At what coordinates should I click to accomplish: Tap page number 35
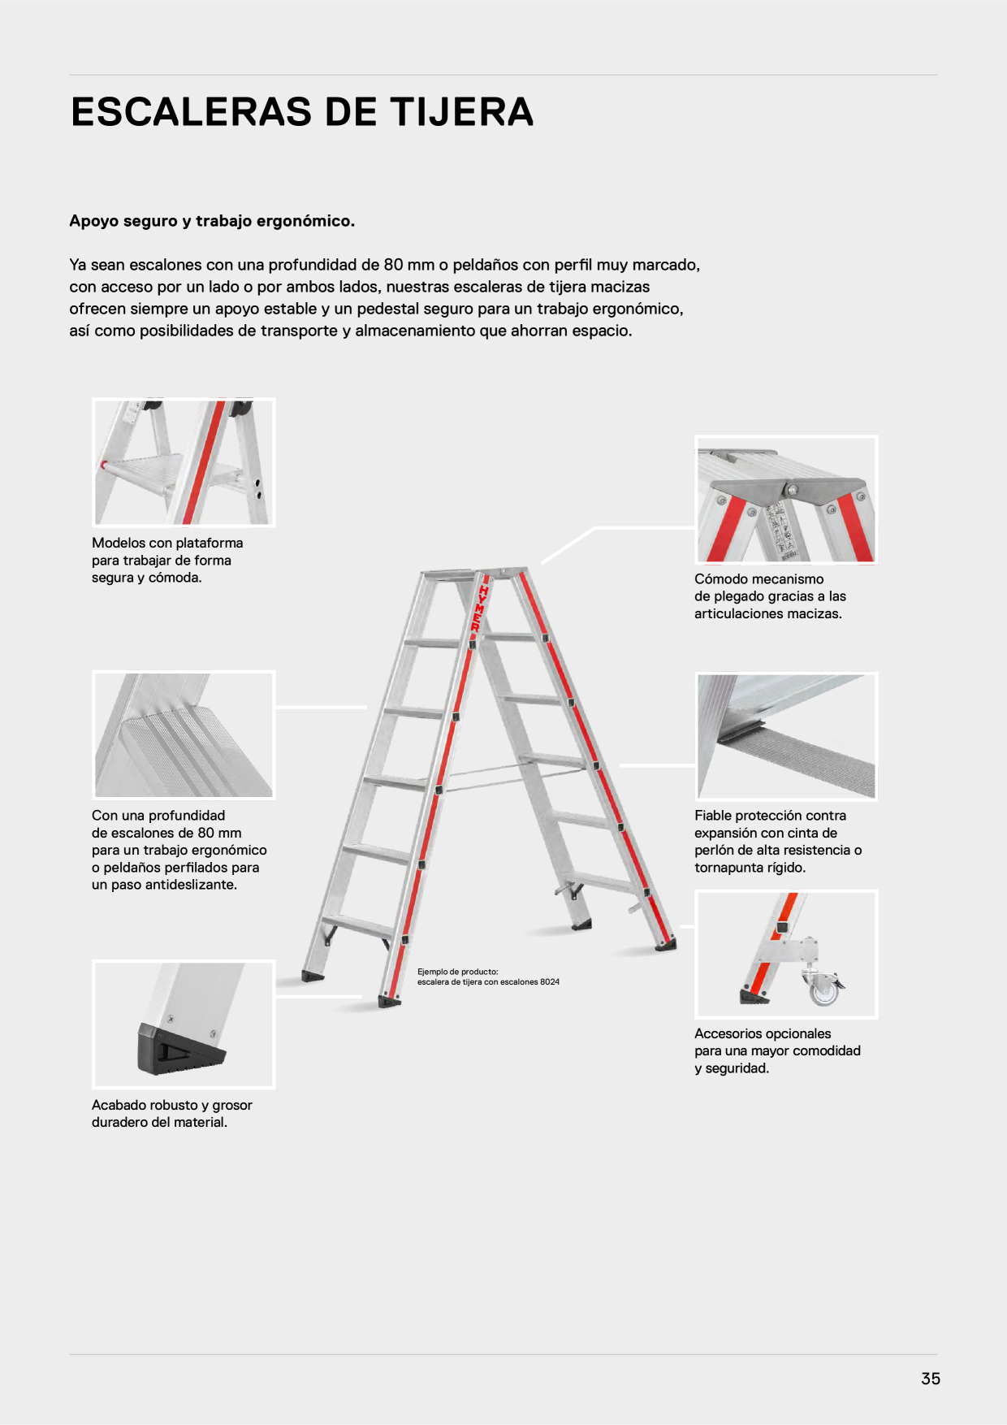931,1378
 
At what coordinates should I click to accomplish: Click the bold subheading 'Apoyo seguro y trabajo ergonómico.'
212,221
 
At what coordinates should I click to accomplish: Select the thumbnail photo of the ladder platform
184,462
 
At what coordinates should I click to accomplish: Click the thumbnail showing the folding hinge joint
786,500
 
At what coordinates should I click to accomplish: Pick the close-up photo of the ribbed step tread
184,735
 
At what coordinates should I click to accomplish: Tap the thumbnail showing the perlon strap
786,736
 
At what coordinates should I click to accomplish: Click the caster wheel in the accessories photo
823,987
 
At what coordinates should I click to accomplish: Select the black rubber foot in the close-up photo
180,1048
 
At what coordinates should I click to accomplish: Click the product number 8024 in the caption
550,982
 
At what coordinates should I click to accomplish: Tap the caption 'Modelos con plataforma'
167,543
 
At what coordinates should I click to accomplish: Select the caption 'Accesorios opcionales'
763,1033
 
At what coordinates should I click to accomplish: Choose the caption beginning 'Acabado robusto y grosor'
172,1105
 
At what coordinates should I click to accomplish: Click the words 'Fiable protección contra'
770,816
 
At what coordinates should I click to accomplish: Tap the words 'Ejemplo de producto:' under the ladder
458,972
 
